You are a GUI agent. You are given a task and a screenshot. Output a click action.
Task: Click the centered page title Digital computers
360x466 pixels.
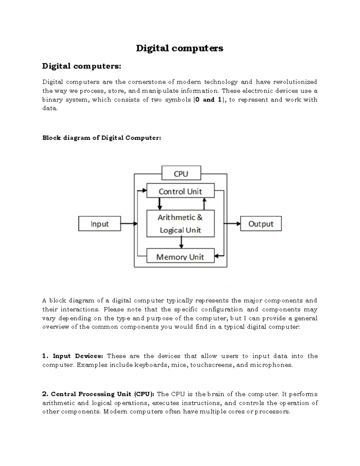pos(179,48)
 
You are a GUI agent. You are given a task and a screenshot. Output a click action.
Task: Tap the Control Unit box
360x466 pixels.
pos(180,191)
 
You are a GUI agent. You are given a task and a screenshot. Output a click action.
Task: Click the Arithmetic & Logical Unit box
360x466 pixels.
pos(180,224)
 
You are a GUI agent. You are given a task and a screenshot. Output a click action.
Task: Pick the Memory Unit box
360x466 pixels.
pos(180,257)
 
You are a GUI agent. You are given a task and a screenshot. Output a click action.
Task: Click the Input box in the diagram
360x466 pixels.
pos(99,224)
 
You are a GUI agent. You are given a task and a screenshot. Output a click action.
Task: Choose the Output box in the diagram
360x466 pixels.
pos(261,224)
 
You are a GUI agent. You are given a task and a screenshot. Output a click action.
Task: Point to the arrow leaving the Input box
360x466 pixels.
pos(128,224)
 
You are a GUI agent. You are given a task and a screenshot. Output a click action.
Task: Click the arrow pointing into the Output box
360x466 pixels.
pos(232,224)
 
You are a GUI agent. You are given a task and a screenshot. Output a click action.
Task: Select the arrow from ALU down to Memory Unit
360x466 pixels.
pos(181,242)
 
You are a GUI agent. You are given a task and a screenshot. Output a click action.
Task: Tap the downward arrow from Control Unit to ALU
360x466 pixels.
pos(160,204)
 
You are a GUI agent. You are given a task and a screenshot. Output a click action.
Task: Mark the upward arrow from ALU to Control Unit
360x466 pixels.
pos(204,204)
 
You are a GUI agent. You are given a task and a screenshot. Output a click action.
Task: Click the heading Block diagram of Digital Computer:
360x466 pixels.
pos(102,138)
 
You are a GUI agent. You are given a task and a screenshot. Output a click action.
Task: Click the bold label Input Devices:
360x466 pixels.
pos(78,356)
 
